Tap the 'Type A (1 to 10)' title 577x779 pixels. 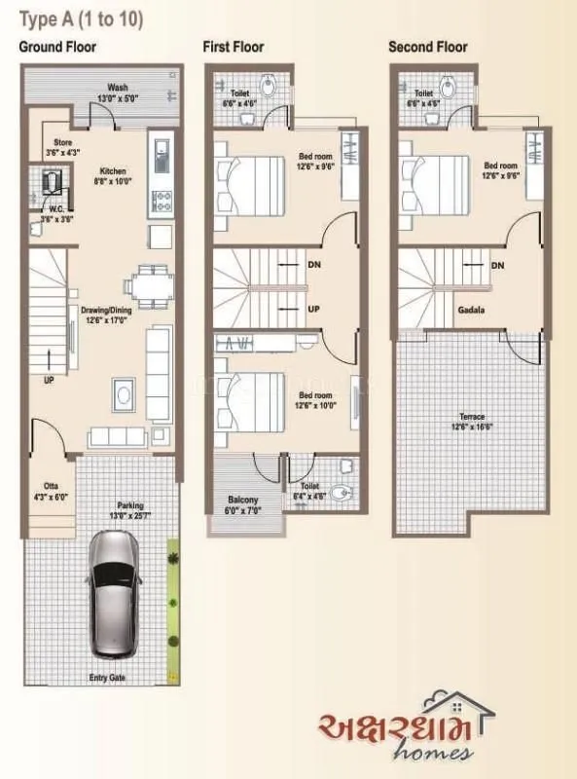point(81,19)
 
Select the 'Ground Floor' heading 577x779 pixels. point(58,47)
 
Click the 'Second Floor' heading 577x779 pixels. point(427,47)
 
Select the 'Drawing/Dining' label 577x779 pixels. point(105,311)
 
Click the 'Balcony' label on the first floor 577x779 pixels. point(242,501)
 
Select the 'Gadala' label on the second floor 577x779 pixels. point(471,310)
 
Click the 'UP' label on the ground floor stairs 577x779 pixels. point(48,380)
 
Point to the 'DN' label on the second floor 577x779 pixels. point(497,265)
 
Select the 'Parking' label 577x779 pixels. point(130,504)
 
